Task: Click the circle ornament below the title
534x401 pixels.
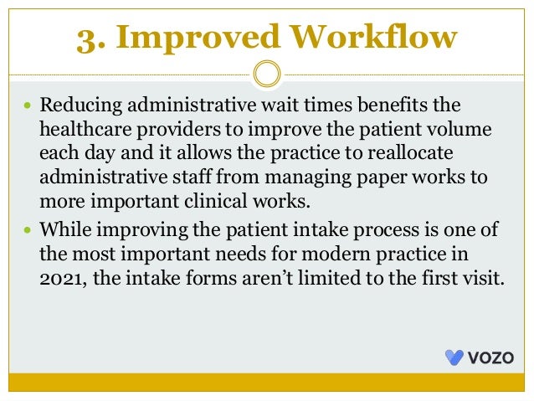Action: tap(266, 73)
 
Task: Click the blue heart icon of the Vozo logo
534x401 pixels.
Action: tap(454, 357)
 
